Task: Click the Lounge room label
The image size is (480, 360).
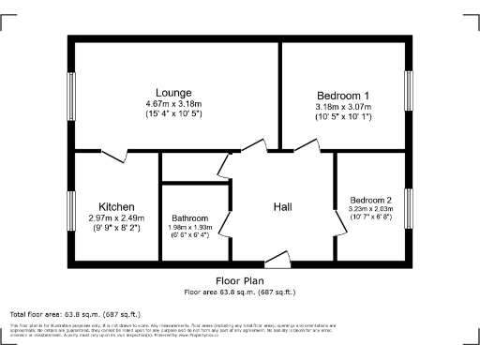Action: click(x=174, y=93)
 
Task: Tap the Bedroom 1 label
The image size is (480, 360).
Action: click(x=343, y=96)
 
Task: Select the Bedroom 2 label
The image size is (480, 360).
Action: click(x=371, y=200)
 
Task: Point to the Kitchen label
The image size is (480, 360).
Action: click(x=117, y=206)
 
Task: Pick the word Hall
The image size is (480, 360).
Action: click(x=285, y=206)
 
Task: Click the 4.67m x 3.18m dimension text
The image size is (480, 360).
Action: click(x=174, y=103)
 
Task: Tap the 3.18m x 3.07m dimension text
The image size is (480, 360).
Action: click(x=343, y=107)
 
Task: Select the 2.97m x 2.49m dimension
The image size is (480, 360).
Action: click(x=117, y=217)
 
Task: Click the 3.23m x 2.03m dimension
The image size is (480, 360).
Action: click(x=371, y=209)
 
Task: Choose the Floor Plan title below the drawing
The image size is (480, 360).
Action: click(x=239, y=280)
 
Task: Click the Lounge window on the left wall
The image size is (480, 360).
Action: click(x=71, y=97)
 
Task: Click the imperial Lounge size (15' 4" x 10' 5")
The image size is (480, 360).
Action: click(x=174, y=113)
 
